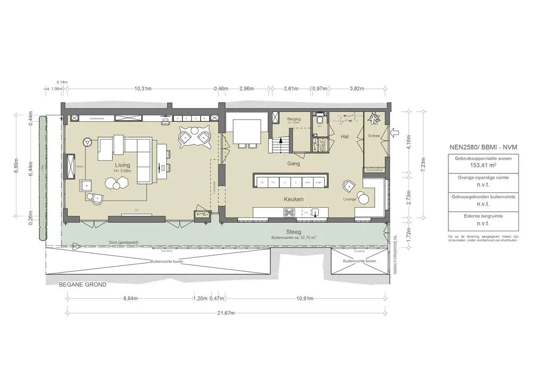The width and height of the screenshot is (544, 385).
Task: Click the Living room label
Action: (123, 165)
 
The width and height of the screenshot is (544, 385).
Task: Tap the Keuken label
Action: (294, 199)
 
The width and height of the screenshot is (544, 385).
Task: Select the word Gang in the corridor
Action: (294, 164)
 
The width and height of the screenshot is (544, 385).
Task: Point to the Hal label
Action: (344, 137)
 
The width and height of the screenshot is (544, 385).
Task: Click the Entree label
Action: (375, 136)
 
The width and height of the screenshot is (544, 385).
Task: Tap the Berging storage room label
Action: (294, 120)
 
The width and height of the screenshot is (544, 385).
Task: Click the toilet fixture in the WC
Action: (319, 121)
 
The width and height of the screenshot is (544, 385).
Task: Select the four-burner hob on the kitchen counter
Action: (290, 213)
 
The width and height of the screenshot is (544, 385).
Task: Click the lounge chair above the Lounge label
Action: (348, 186)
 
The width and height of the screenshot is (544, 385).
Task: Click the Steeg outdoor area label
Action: (294, 232)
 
